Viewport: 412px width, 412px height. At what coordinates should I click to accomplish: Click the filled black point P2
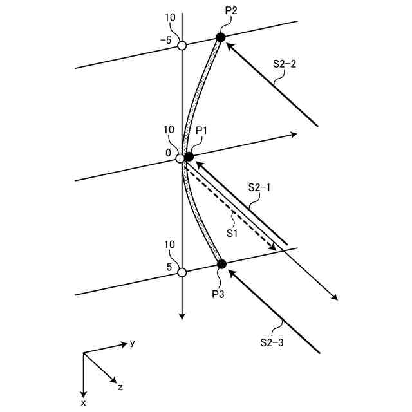pyautogui.click(x=220, y=37)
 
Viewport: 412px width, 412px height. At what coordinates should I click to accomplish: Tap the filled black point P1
pyautogui.click(x=189, y=156)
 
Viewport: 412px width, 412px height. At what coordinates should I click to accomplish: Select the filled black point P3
pyautogui.click(x=221, y=264)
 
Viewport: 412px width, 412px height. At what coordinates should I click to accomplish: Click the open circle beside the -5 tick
pyautogui.click(x=182, y=46)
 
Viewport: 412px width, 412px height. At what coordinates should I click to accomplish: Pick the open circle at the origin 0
pyautogui.click(x=181, y=158)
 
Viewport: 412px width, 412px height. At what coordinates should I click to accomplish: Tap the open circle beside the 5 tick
pyautogui.click(x=182, y=272)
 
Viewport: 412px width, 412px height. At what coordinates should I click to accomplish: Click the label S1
pyautogui.click(x=232, y=234)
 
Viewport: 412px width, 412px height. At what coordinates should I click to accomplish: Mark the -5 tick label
pyautogui.click(x=165, y=40)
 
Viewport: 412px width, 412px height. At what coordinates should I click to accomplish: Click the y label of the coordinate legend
pyautogui.click(x=133, y=343)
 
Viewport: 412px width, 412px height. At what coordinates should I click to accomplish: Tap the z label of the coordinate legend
pyautogui.click(x=120, y=387)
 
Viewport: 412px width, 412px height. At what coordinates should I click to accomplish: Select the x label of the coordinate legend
pyautogui.click(x=84, y=403)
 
